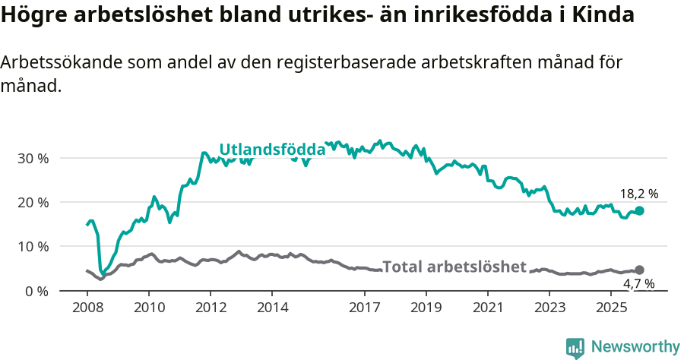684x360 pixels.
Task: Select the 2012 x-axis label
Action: tap(211, 308)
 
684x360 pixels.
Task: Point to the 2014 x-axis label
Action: tap(272, 308)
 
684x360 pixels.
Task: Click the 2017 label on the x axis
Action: tap(365, 308)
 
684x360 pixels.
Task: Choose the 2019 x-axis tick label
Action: tap(426, 308)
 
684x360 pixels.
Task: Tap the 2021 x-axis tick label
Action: tap(489, 308)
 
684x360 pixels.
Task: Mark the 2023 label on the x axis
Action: tap(550, 308)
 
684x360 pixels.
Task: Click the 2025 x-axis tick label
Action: tap(612, 308)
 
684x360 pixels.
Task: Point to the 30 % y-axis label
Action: tap(33, 159)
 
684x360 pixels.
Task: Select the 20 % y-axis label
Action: tap(33, 203)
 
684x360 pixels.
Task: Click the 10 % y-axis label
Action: tap(33, 247)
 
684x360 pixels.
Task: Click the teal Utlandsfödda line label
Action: tap(272, 150)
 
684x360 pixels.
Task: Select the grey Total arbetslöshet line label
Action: tap(454, 267)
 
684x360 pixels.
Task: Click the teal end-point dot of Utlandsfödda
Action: tap(639, 211)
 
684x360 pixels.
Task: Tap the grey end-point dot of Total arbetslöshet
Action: tap(639, 270)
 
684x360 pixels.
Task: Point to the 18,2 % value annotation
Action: tap(638, 194)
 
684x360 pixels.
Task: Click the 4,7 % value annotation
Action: tap(638, 284)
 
